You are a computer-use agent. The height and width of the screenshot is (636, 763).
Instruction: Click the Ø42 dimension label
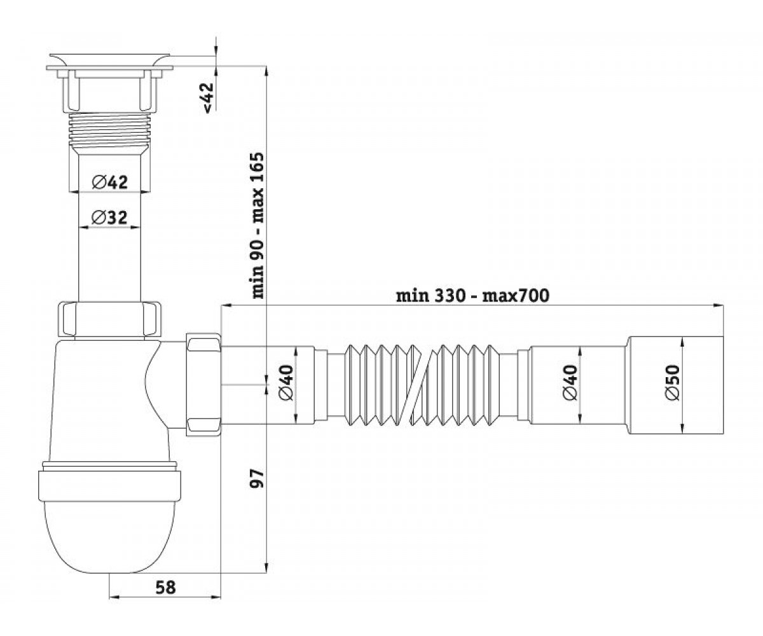click(x=109, y=182)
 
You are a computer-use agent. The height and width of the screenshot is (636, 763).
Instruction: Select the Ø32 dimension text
click(x=109, y=218)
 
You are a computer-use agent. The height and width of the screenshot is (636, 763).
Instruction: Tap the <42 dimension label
click(x=208, y=97)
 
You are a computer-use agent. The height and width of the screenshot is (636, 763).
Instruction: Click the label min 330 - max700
click(x=473, y=296)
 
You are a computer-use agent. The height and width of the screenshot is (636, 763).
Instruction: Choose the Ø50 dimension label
click(x=673, y=383)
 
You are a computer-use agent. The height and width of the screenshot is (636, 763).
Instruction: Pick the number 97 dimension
click(x=257, y=478)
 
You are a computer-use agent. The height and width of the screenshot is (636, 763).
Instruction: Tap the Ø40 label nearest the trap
click(x=286, y=383)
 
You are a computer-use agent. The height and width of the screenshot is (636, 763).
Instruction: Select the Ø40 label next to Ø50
click(x=570, y=383)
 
